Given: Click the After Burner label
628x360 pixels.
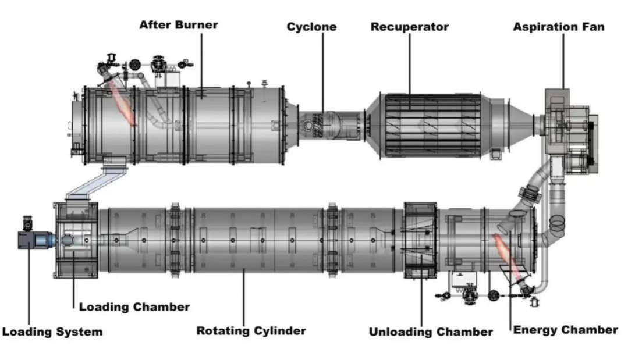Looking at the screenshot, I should pyautogui.click(x=178, y=25).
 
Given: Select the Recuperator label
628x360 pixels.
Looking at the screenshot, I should pyautogui.click(x=409, y=27).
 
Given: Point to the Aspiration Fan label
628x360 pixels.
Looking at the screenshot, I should pyautogui.click(x=558, y=27).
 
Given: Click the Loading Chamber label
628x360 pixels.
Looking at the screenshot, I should pyautogui.click(x=134, y=306).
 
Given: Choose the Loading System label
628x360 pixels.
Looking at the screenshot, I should pyautogui.click(x=52, y=332).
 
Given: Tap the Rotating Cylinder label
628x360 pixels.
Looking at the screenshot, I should pyautogui.click(x=250, y=331).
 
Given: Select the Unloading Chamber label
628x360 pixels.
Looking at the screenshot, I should pyautogui.click(x=431, y=332).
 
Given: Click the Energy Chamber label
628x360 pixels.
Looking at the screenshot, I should pyautogui.click(x=565, y=330).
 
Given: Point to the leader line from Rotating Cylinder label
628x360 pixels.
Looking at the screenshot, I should pyautogui.click(x=244, y=297).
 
